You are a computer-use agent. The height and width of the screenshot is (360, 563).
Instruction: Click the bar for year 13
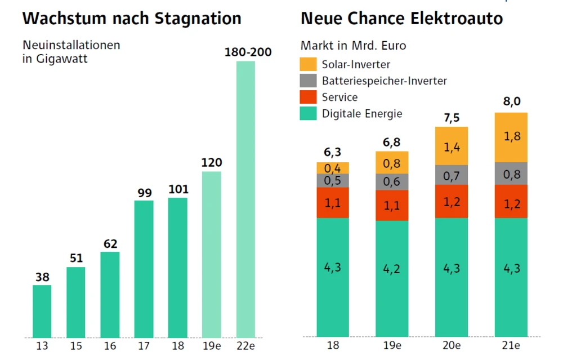pyautogui.click(x=42, y=311)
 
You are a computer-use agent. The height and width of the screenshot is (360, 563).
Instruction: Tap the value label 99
pyautogui.click(x=144, y=193)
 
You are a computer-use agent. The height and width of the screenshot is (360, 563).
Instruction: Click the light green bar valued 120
pyautogui.click(x=212, y=254)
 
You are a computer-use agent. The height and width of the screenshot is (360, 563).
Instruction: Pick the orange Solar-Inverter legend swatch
pyautogui.click(x=309, y=64)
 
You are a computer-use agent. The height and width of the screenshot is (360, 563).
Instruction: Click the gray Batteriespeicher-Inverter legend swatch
pyautogui.click(x=309, y=81)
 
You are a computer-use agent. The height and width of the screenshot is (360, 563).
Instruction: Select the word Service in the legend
pyautogui.click(x=339, y=97)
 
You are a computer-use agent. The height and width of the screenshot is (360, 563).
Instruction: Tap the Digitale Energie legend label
pyautogui.click(x=362, y=114)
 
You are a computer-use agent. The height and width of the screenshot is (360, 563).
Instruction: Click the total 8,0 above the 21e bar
pyautogui.click(x=511, y=102)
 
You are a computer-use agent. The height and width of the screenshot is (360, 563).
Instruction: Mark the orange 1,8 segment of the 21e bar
pyautogui.click(x=511, y=137)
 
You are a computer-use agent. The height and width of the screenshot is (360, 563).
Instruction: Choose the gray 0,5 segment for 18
pyautogui.click(x=333, y=180)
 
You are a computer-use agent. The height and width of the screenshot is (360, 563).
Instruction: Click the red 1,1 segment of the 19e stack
pyautogui.click(x=392, y=205)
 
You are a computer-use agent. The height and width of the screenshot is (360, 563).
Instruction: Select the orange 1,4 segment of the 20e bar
pyautogui.click(x=452, y=146)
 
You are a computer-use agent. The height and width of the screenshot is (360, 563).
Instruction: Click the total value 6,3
pyautogui.click(x=333, y=152)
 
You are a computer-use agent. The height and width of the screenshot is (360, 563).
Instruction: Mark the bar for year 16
pyautogui.click(x=110, y=295)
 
